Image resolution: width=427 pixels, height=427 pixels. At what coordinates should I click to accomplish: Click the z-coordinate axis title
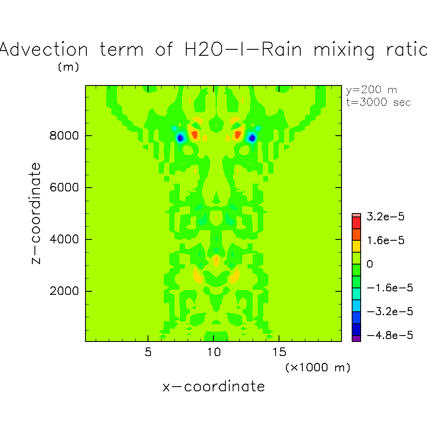pos(37,213)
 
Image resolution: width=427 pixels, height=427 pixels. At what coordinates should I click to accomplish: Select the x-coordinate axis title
pos(213,387)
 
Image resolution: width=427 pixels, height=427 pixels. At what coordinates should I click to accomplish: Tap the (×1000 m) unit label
pos(318,367)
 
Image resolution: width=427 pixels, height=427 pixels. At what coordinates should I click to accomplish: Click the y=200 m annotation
pos(371,90)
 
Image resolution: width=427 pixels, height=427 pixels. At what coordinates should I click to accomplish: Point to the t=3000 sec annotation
pos(379,102)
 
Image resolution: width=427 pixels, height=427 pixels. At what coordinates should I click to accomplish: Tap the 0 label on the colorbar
pos(370,264)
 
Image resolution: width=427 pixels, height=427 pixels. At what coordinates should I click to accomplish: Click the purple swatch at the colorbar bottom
pos(356,338)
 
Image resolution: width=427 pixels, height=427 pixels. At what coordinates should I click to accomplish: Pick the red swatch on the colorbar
pos(356,222)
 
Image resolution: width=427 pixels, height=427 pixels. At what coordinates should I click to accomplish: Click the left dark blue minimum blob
pos(180,138)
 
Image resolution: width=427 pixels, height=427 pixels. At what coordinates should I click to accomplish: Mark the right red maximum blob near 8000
pos(238,135)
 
